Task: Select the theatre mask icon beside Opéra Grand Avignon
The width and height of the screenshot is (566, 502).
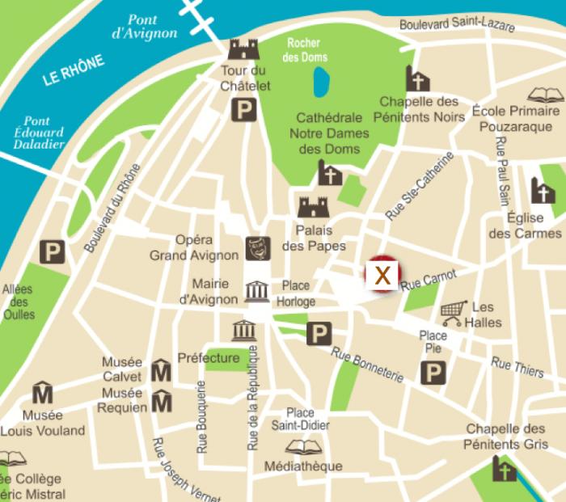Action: click(258, 248)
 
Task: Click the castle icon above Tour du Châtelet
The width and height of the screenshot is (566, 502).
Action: click(243, 49)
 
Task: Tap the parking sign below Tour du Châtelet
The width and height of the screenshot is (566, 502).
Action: click(244, 110)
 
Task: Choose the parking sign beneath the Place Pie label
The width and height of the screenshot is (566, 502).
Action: click(434, 373)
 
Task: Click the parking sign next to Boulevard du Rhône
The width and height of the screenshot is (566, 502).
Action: click(53, 251)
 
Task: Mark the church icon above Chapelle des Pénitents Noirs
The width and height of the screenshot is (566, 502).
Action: click(418, 79)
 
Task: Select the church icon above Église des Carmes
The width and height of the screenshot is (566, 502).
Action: click(543, 191)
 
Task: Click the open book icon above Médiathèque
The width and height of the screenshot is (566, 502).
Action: click(302, 447)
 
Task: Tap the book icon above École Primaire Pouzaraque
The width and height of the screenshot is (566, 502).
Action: click(543, 95)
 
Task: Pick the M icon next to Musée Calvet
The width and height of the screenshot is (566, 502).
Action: click(162, 371)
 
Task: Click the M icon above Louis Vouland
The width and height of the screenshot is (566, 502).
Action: click(42, 394)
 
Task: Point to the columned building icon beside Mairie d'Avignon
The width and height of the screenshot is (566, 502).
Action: click(257, 291)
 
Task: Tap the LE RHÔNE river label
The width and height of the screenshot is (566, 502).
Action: click(74, 70)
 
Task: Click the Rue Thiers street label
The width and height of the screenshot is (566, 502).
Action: click(517, 367)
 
